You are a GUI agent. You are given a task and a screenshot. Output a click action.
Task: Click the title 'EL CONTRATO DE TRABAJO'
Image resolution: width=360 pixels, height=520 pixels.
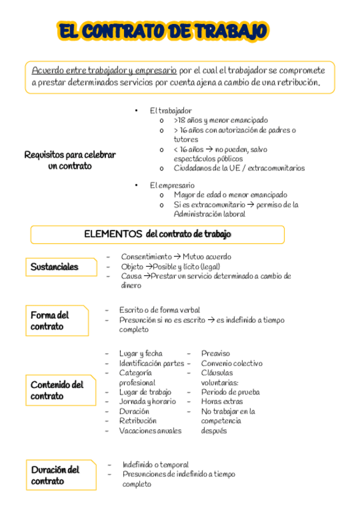(x=163, y=32)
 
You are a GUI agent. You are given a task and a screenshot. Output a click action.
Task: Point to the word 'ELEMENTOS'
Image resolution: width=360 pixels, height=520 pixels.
(x=113, y=234)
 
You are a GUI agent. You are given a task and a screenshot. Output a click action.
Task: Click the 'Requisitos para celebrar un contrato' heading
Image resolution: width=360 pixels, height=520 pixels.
(x=70, y=161)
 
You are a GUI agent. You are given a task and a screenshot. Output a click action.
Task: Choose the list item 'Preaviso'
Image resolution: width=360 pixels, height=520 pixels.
(x=215, y=353)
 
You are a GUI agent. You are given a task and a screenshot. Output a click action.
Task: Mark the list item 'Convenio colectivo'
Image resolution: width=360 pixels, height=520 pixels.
(x=231, y=363)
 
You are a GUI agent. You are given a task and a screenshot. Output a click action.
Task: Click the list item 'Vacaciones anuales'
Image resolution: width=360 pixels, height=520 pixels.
(x=150, y=430)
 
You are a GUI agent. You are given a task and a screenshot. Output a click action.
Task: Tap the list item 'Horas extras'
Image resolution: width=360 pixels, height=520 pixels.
(x=221, y=401)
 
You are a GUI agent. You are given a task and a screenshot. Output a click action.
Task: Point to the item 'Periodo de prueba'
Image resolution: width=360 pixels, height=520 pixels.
(x=230, y=391)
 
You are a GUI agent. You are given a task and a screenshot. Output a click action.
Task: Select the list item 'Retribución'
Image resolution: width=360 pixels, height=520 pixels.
(x=138, y=421)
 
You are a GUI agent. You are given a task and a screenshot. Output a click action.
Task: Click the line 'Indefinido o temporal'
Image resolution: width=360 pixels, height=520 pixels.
(x=155, y=465)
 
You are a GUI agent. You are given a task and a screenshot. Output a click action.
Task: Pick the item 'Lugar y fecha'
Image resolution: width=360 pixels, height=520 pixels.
(x=140, y=353)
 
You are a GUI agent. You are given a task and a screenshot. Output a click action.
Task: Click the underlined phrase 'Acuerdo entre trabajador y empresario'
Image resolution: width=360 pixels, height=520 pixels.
(x=104, y=70)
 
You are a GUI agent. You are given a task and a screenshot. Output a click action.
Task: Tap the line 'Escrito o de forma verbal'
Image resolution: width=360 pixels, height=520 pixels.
(x=159, y=310)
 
